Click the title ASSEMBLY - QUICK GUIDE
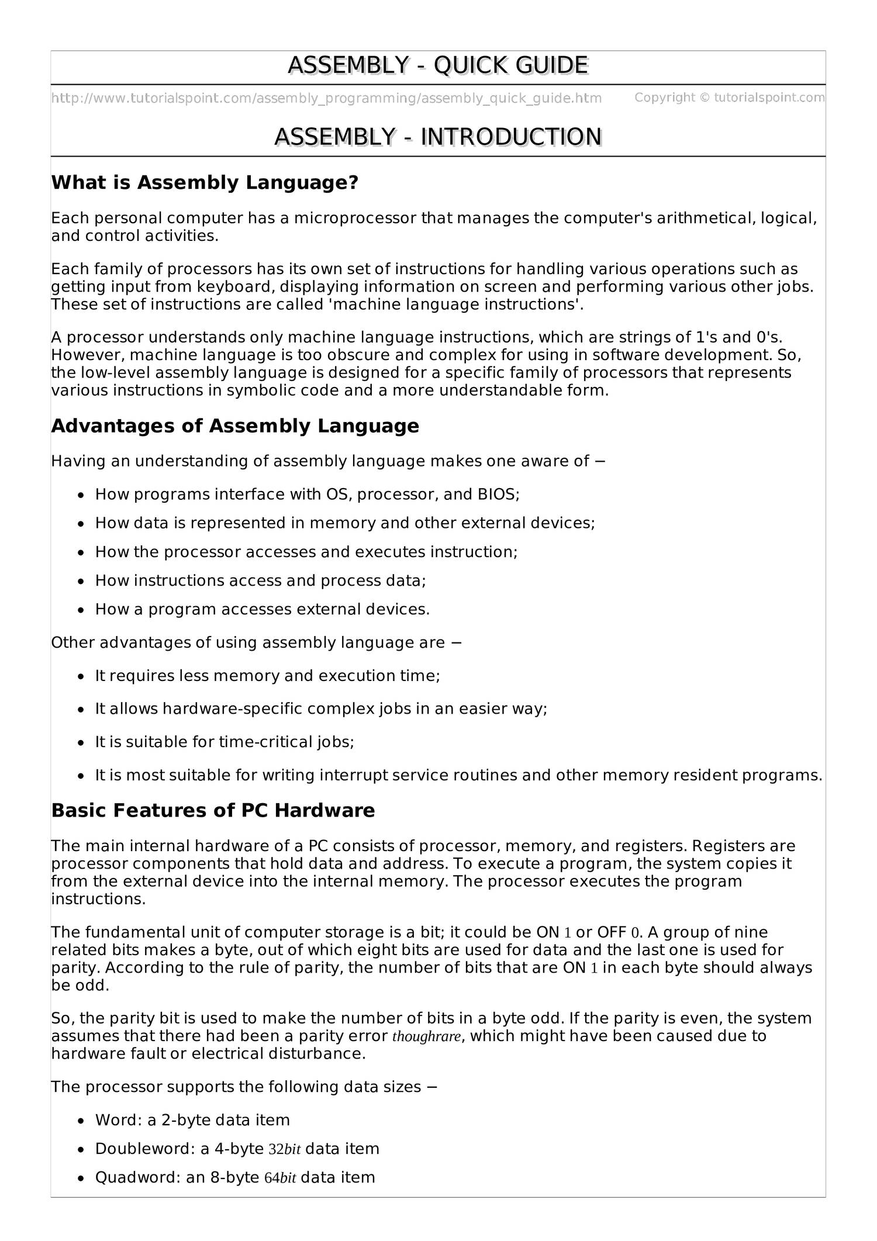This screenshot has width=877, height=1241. click(437, 65)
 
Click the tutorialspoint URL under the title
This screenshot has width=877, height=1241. click(326, 98)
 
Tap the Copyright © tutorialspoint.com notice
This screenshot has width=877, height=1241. click(729, 98)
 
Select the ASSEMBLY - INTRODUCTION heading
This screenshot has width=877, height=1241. click(437, 137)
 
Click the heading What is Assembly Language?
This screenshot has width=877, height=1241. click(204, 183)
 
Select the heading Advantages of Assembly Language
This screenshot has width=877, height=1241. click(235, 426)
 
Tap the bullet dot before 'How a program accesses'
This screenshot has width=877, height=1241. click(81, 610)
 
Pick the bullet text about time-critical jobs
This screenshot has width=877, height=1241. click(225, 742)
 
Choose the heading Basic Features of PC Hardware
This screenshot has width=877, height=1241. click(213, 811)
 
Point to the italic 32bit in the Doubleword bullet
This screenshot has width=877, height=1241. click(284, 1149)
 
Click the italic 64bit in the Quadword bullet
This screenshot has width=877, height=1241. click(280, 1178)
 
